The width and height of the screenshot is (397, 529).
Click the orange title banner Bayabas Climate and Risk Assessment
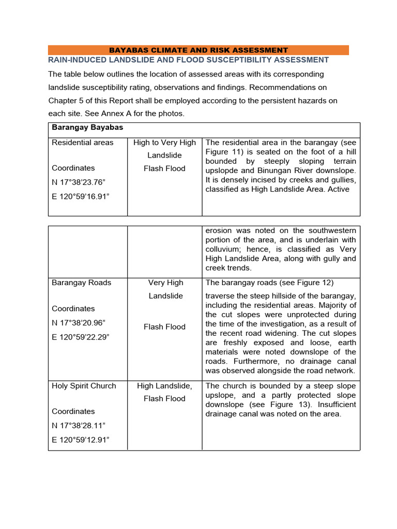(x=198, y=50)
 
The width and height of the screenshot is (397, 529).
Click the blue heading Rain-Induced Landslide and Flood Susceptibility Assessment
(x=188, y=60)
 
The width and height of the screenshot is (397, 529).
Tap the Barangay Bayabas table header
(x=87, y=127)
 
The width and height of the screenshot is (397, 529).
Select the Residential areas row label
(x=82, y=143)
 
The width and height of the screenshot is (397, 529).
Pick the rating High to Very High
(x=164, y=143)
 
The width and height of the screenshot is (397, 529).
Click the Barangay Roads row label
(x=81, y=283)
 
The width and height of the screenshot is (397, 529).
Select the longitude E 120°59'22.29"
(x=82, y=337)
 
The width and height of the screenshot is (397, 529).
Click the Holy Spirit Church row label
(x=84, y=386)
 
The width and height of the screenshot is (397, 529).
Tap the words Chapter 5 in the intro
(x=67, y=100)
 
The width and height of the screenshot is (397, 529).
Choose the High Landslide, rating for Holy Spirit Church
(x=164, y=386)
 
